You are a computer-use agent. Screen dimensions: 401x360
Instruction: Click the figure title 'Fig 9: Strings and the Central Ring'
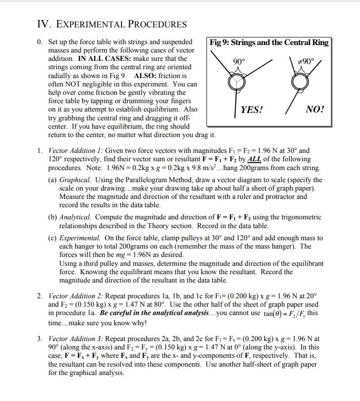pos(269,43)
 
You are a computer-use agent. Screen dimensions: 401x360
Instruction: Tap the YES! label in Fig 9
pos(252,110)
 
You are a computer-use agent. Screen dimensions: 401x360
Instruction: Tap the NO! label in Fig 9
pos(315,110)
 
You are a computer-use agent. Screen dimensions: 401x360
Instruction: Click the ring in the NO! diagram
pos(300,82)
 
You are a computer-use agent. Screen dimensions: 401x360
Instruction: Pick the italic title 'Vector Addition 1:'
pos(76,151)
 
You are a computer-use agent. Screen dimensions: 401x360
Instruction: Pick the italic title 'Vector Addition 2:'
pos(76,296)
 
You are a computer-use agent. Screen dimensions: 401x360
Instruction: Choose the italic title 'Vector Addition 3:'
pos(76,339)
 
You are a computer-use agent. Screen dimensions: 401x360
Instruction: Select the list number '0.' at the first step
pos(40,42)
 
